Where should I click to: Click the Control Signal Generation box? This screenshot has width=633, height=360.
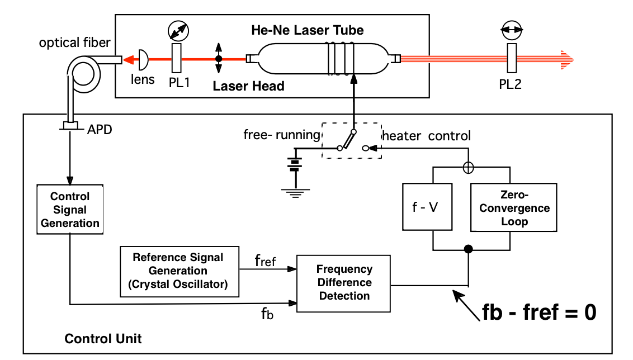point(70,210)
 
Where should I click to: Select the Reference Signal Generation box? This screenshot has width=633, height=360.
point(178,271)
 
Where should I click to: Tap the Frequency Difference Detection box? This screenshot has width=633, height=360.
point(344,282)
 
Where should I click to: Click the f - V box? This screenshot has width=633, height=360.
point(427,206)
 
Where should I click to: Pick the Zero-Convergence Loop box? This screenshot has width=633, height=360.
point(514,206)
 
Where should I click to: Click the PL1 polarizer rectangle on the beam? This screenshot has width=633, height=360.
point(177,58)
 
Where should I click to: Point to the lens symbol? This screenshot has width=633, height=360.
point(143,58)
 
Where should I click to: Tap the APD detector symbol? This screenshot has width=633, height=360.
point(70,127)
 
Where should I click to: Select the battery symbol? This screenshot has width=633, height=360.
point(294,164)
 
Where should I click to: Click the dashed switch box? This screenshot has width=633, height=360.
point(352,140)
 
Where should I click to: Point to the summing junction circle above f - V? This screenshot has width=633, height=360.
point(469,167)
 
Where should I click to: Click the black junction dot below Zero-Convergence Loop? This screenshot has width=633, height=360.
point(469,249)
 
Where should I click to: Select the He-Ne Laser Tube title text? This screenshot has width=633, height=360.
point(308,30)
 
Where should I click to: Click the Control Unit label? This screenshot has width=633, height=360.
point(103,339)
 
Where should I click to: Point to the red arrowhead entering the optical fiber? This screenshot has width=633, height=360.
point(128,58)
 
